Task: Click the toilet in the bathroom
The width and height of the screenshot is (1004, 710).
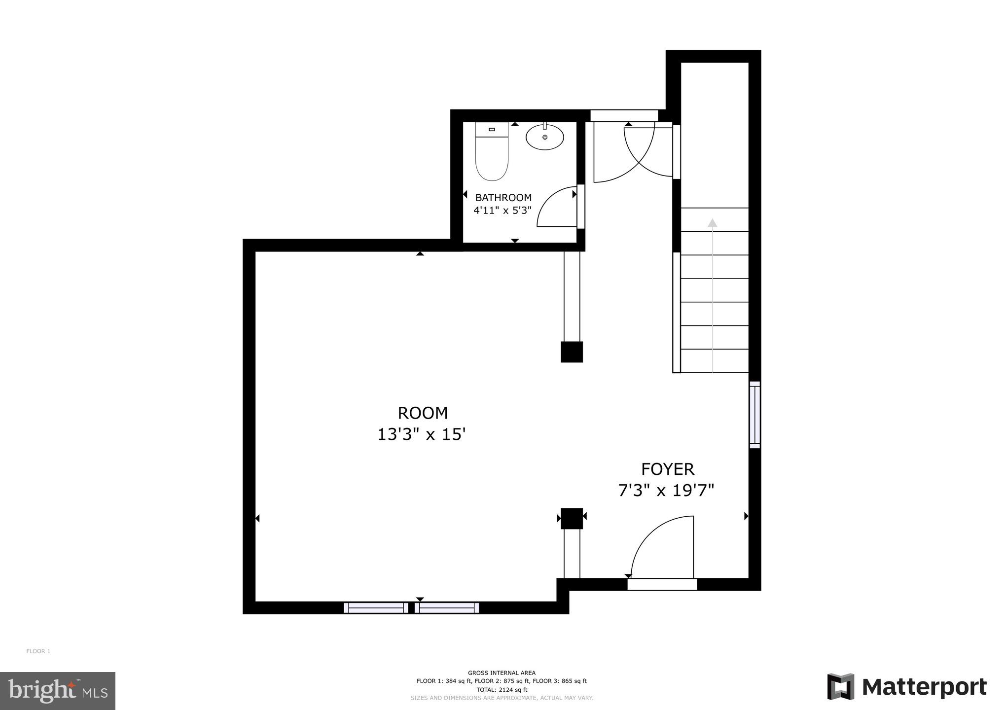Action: [x=492, y=152]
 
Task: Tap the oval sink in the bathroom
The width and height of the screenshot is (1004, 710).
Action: [x=545, y=137]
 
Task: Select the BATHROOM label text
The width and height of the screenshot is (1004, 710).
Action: [x=503, y=198]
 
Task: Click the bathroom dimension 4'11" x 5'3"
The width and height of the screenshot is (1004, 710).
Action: [x=502, y=211]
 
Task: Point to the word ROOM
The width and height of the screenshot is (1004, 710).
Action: [x=423, y=413]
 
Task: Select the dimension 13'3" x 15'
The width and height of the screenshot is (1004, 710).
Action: [x=422, y=434]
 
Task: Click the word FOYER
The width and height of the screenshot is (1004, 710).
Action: [x=667, y=469]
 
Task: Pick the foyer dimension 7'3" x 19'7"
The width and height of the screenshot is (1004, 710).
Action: [x=666, y=491]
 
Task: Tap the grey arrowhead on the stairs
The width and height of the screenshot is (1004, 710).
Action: [x=712, y=223]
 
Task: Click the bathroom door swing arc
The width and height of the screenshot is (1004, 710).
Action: [x=552, y=207]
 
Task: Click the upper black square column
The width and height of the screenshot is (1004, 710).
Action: [x=572, y=352]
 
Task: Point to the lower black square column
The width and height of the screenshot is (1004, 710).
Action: [x=572, y=518]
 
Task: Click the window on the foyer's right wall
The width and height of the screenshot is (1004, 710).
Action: [x=754, y=415]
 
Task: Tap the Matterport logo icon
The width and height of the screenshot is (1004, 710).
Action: [x=841, y=686]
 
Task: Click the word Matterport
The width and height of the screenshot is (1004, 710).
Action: [x=924, y=687]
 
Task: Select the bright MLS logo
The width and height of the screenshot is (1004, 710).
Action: [x=58, y=690]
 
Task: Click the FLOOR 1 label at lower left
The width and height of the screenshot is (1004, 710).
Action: [x=38, y=651]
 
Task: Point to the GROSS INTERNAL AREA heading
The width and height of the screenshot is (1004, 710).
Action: [x=502, y=673]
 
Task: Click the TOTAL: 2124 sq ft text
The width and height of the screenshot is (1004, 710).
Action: [x=502, y=690]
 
